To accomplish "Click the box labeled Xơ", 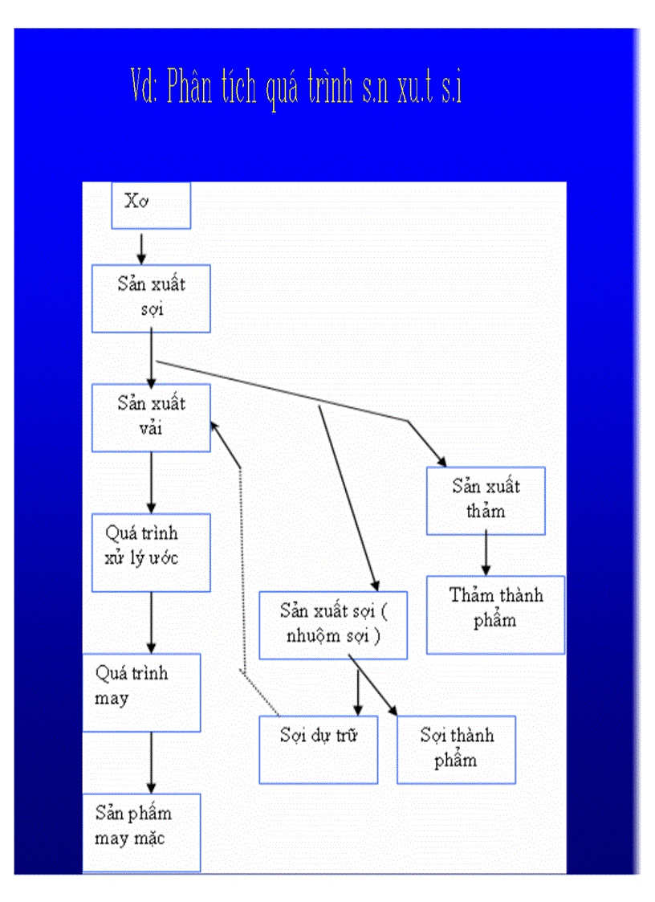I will [151, 206].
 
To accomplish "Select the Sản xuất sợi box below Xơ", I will [151, 298].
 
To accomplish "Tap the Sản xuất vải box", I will [151, 417].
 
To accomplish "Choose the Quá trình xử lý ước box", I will [151, 553].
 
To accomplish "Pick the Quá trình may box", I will [141, 692].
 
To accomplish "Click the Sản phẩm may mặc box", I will [141, 832].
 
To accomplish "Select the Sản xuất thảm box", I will [486, 500].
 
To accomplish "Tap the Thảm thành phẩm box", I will [495, 614].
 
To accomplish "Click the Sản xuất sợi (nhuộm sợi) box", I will [332, 625].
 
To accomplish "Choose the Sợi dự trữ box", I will [318, 749].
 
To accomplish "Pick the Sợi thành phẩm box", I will [456, 749].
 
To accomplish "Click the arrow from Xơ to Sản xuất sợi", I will [142, 248].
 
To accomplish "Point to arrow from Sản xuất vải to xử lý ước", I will [151, 483].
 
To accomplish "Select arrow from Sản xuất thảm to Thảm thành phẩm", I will [486, 555].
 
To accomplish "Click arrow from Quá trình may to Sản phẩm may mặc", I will [151, 763].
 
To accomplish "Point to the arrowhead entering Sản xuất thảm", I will [441, 460].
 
